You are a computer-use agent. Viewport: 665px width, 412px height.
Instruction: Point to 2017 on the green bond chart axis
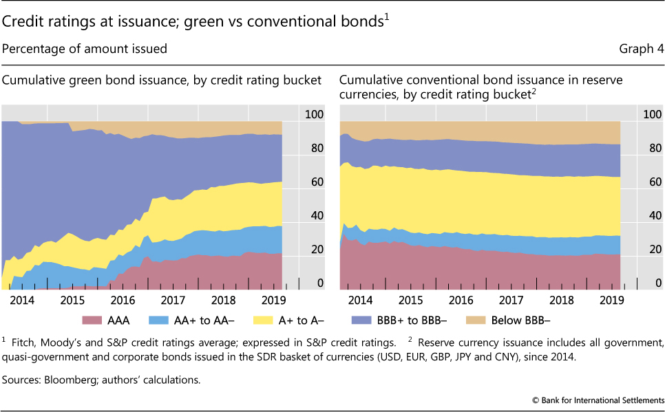[173, 300]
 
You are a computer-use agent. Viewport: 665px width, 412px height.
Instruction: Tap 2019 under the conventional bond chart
[612, 300]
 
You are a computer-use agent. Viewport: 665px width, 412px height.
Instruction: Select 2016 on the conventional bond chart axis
[461, 300]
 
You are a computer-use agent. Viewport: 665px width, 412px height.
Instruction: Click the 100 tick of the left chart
[313, 115]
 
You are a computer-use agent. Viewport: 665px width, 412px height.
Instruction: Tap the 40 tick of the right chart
[653, 216]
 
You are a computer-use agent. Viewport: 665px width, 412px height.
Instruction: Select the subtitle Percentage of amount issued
[85, 49]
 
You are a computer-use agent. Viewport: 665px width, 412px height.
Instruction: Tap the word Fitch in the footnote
[23, 342]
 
